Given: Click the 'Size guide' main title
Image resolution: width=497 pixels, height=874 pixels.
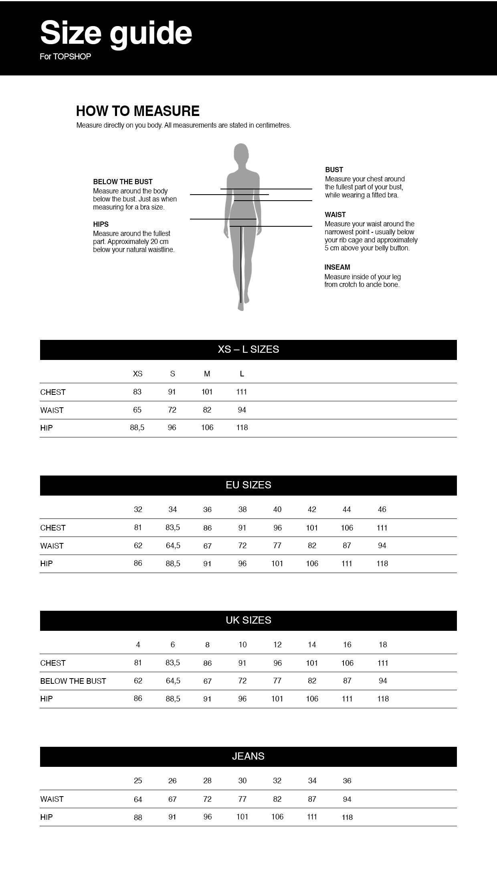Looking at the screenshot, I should pyautogui.click(x=116, y=33).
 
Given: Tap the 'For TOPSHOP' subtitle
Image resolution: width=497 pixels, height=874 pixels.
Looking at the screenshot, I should pyautogui.click(x=65, y=57).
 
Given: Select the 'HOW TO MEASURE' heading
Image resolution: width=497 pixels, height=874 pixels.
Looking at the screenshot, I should pyautogui.click(x=138, y=111).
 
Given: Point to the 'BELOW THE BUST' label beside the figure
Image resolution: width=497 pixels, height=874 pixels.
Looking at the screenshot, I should pyautogui.click(x=123, y=182).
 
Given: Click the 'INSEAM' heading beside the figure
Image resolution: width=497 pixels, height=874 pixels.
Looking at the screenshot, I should pyautogui.click(x=337, y=267).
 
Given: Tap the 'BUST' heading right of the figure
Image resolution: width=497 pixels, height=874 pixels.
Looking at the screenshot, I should pyautogui.click(x=334, y=170).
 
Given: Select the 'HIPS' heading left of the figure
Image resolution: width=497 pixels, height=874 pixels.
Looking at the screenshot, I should pyautogui.click(x=101, y=224).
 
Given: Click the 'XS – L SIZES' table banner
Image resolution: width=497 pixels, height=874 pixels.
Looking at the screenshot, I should pyautogui.click(x=248, y=350).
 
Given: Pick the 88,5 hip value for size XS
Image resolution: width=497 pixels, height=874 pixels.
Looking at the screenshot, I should pyautogui.click(x=137, y=428).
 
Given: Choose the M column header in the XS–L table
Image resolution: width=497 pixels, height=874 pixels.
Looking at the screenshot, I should pyautogui.click(x=207, y=374).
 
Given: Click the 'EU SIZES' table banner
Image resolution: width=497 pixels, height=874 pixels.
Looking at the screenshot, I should pyautogui.click(x=248, y=485).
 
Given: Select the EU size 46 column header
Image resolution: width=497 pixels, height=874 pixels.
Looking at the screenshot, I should pyautogui.click(x=382, y=510).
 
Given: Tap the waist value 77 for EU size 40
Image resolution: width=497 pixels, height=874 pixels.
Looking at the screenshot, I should pyautogui.click(x=277, y=546).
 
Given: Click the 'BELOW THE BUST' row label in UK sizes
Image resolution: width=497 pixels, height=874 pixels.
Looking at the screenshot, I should pyautogui.click(x=73, y=681).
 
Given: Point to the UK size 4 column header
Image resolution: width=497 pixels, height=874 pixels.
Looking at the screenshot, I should pyautogui.click(x=138, y=645).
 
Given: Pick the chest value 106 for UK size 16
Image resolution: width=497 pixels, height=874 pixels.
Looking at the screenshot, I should pyautogui.click(x=347, y=663).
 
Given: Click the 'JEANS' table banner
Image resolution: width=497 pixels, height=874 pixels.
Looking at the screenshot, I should pyautogui.click(x=248, y=756).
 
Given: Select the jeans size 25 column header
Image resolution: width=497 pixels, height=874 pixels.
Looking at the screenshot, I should pyautogui.click(x=138, y=781).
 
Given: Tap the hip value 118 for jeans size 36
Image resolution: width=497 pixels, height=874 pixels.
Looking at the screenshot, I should pyautogui.click(x=347, y=817).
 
